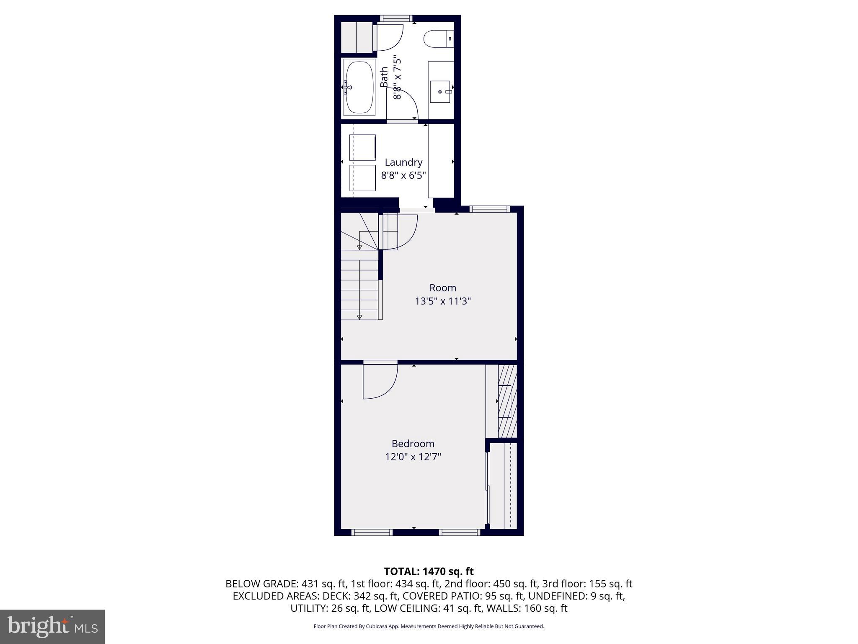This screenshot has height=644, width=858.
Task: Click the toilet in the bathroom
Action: point(438,39)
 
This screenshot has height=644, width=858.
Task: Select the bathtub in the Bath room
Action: point(359,88)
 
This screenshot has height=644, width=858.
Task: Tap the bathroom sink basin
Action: point(440,91)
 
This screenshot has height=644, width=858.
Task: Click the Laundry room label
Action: point(403,162)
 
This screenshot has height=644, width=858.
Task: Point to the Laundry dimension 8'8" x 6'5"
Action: point(403,175)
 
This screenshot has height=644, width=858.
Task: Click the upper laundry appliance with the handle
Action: point(362,147)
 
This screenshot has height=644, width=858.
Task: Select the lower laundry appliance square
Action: point(362,178)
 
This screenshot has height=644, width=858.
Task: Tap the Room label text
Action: point(442,288)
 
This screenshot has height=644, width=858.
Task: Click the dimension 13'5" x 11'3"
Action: point(443,301)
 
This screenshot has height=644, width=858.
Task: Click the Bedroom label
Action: point(413,444)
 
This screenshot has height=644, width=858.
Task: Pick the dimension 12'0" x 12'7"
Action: point(413,457)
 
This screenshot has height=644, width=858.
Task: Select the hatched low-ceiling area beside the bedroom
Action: point(507,401)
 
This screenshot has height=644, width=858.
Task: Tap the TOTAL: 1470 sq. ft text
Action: point(429,571)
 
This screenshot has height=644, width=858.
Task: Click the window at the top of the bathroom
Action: point(396,18)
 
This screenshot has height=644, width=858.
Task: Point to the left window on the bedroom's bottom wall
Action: point(372,532)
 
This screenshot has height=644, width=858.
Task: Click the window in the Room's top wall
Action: point(489,209)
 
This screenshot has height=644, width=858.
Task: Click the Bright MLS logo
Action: point(52,627)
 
